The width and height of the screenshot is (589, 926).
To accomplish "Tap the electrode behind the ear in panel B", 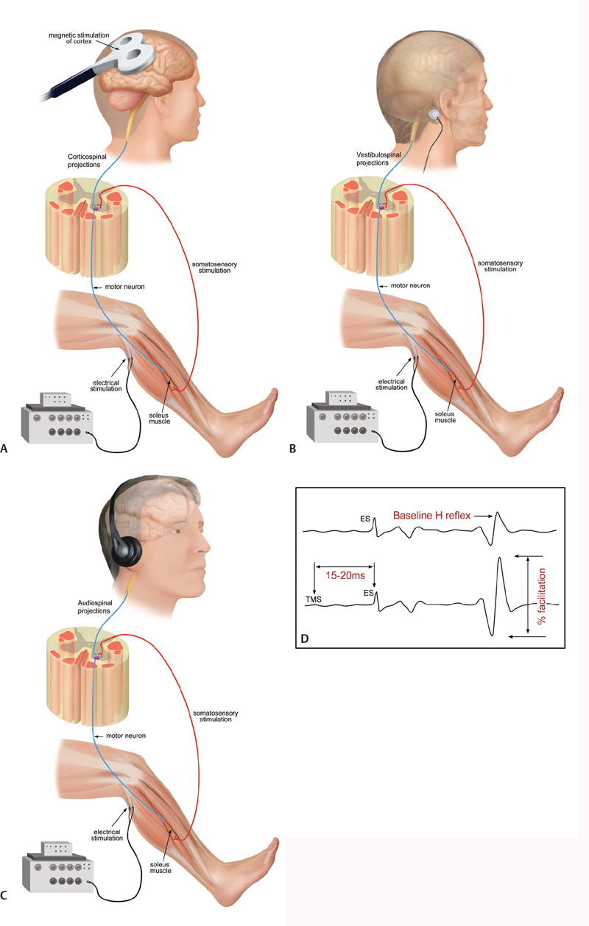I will coord(435,115).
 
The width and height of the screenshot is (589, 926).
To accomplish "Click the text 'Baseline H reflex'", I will coord(431,515).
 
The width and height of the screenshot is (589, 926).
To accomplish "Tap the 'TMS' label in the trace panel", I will coord(314,599).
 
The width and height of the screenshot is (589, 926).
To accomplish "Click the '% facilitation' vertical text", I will coord(542,595).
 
